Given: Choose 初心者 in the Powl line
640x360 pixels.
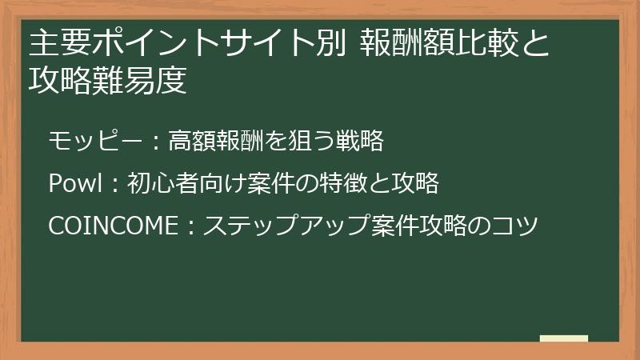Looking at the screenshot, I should [x=160, y=184].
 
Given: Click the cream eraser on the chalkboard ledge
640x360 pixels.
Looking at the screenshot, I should [x=563, y=339].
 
